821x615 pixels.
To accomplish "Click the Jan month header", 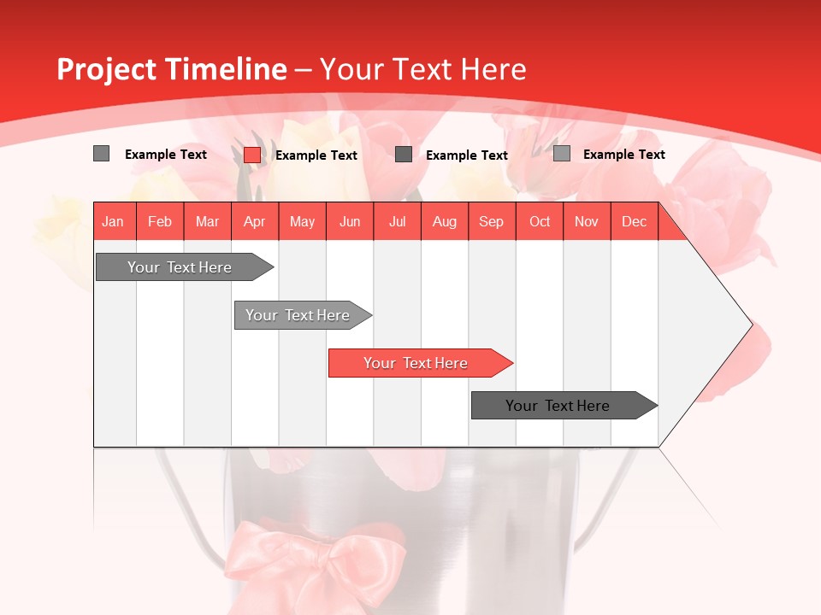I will point(113,222).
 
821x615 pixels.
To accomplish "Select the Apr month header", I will point(254,222).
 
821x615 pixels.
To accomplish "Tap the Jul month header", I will point(397,222).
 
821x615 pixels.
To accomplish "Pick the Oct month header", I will point(540,222).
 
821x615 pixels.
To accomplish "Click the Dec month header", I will point(634,222).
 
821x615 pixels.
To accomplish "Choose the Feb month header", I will point(160,222).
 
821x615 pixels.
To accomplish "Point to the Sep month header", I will point(491,222).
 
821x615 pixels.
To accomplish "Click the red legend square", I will point(251,155).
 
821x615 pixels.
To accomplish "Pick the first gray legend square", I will point(101,154).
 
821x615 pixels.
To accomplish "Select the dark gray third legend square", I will point(404,155).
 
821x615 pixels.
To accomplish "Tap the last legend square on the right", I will point(561,154).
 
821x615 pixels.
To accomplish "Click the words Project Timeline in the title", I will point(171,69).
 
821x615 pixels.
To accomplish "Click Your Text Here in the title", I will point(423,69).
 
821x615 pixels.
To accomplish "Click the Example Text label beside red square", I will point(316,155).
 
